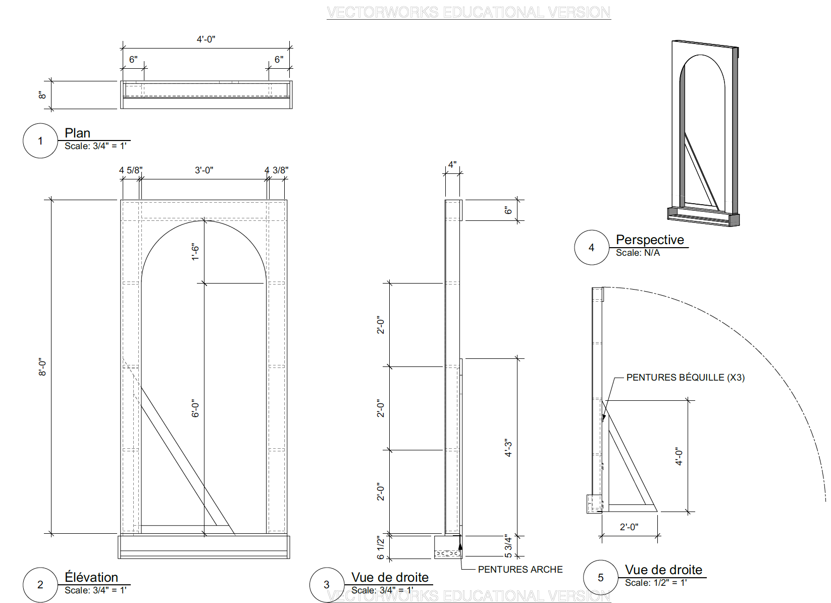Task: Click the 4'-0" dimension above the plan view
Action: pyautogui.click(x=206, y=39)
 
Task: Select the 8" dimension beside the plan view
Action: pyautogui.click(x=42, y=95)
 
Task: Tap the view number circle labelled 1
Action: pyautogui.click(x=40, y=141)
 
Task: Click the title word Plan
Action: pyautogui.click(x=77, y=133)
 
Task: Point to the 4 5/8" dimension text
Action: pyautogui.click(x=130, y=170)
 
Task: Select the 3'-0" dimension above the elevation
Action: pyautogui.click(x=204, y=170)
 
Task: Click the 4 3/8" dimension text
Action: pyautogui.click(x=277, y=170)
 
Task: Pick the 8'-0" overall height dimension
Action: pyautogui.click(x=42, y=367)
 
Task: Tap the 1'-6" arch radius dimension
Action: pyautogui.click(x=195, y=252)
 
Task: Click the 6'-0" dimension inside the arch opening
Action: pyautogui.click(x=195, y=408)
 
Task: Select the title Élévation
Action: pyautogui.click(x=91, y=577)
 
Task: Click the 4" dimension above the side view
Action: pyautogui.click(x=452, y=165)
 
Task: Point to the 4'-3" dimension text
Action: pyautogui.click(x=508, y=448)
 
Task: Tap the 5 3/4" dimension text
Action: pyautogui.click(x=508, y=546)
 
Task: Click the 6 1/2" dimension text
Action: pyautogui.click(x=381, y=547)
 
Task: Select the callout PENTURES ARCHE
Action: pyautogui.click(x=520, y=570)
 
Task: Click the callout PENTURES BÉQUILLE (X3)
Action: pyautogui.click(x=685, y=378)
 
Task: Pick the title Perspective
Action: pyautogui.click(x=650, y=240)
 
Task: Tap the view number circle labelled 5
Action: pyautogui.click(x=601, y=578)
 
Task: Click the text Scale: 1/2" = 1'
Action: pyautogui.click(x=655, y=583)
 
